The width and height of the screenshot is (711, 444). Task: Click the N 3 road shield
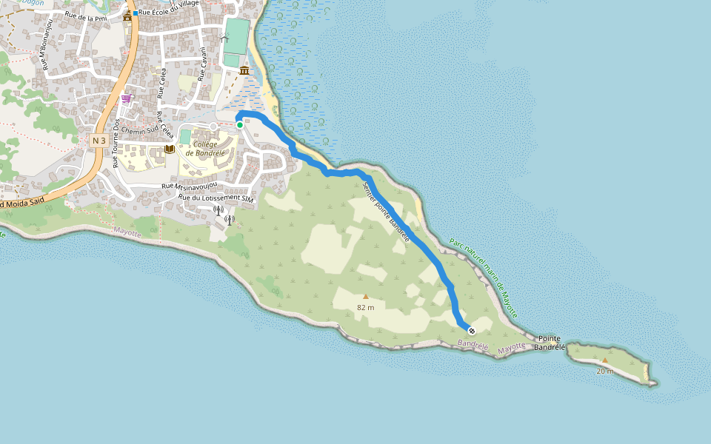[99, 140]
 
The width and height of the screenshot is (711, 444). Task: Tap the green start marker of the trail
[240, 125]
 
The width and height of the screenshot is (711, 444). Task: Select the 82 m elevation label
[365, 306]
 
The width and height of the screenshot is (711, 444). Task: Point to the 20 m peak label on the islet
[605, 371]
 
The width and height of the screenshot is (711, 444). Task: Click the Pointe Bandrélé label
[550, 343]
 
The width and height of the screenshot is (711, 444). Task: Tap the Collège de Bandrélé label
[206, 148]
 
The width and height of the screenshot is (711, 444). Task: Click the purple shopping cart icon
[126, 98]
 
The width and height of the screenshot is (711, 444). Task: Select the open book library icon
[169, 149]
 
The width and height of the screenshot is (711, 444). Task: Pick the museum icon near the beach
[244, 70]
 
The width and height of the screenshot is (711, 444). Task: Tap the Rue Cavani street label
[201, 64]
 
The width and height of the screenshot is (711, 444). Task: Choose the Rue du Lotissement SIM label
[216, 198]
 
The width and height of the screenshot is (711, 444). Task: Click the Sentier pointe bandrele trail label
[386, 212]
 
